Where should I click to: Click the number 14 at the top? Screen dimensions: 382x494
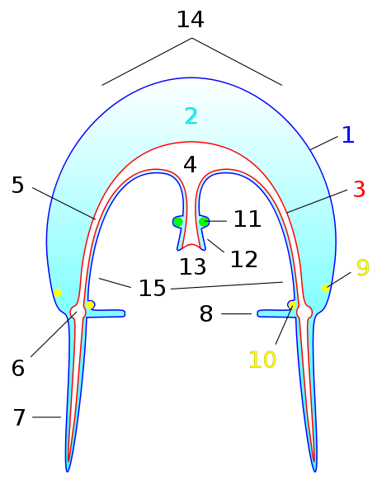(191, 20)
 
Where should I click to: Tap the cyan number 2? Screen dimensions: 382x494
(191, 116)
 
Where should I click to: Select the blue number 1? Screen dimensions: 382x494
(348, 135)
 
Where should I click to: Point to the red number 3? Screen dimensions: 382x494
(359, 189)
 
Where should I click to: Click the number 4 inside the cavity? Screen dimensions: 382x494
(190, 164)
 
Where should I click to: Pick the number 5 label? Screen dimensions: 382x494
(17, 185)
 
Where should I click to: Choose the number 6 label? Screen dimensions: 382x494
(18, 368)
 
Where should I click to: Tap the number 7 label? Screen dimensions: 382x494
(19, 417)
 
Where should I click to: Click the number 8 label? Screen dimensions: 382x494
(206, 313)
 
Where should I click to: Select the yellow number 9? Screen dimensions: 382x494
(363, 267)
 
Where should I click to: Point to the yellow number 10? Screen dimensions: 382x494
(262, 360)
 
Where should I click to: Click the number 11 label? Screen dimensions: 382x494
(248, 219)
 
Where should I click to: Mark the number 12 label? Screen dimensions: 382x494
(244, 259)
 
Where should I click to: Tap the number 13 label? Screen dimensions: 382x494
(192, 266)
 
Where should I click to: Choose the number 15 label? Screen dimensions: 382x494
(153, 288)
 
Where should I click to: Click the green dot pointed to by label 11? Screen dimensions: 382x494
(204, 222)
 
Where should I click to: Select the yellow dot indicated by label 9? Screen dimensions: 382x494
(326, 288)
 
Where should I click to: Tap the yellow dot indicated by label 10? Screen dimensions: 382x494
(292, 304)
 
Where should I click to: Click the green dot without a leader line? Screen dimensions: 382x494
(178, 222)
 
